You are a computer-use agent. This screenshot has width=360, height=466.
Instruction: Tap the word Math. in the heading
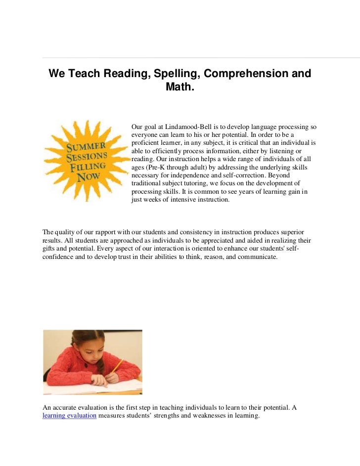[180, 89]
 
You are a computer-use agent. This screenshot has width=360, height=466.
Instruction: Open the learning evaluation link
[69, 416]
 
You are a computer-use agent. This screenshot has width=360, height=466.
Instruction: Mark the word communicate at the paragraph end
[256, 257]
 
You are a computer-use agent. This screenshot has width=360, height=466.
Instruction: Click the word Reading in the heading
[124, 74]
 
